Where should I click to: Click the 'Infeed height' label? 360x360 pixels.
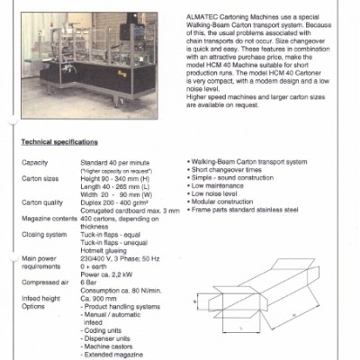[x=40, y=301]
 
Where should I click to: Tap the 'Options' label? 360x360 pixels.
[x=33, y=308]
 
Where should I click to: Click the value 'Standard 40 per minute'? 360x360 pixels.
[x=117, y=162]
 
